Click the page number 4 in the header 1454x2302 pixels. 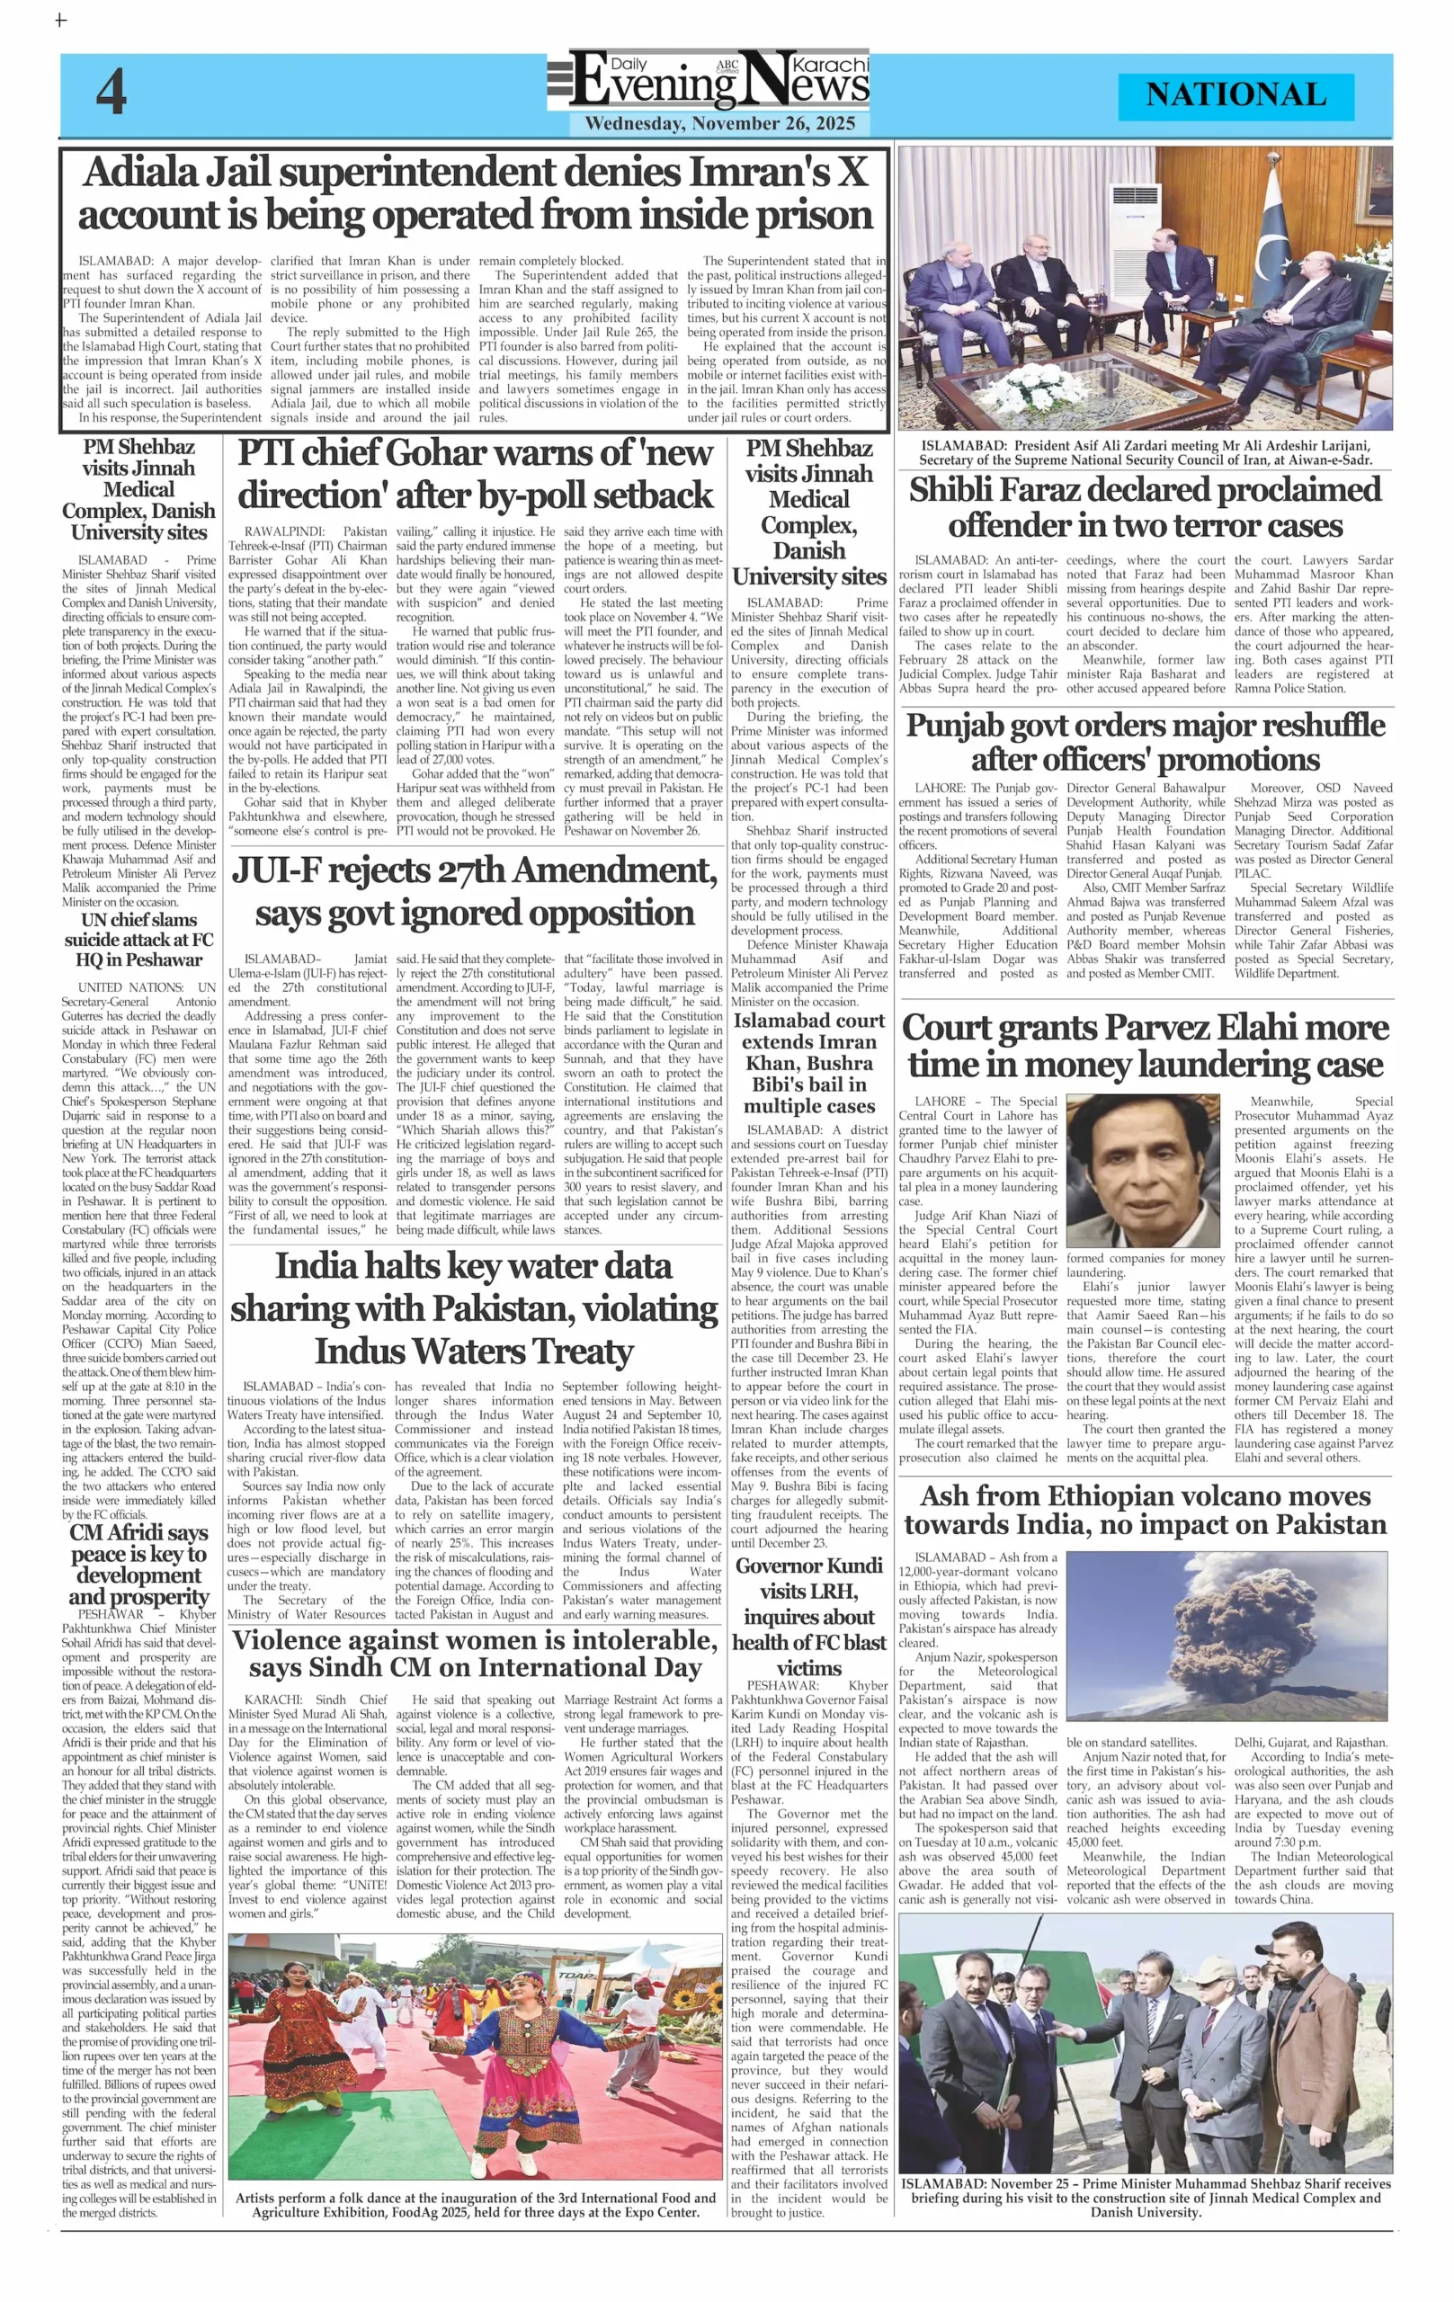click(x=111, y=93)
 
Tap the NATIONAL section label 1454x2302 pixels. click(x=1235, y=94)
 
